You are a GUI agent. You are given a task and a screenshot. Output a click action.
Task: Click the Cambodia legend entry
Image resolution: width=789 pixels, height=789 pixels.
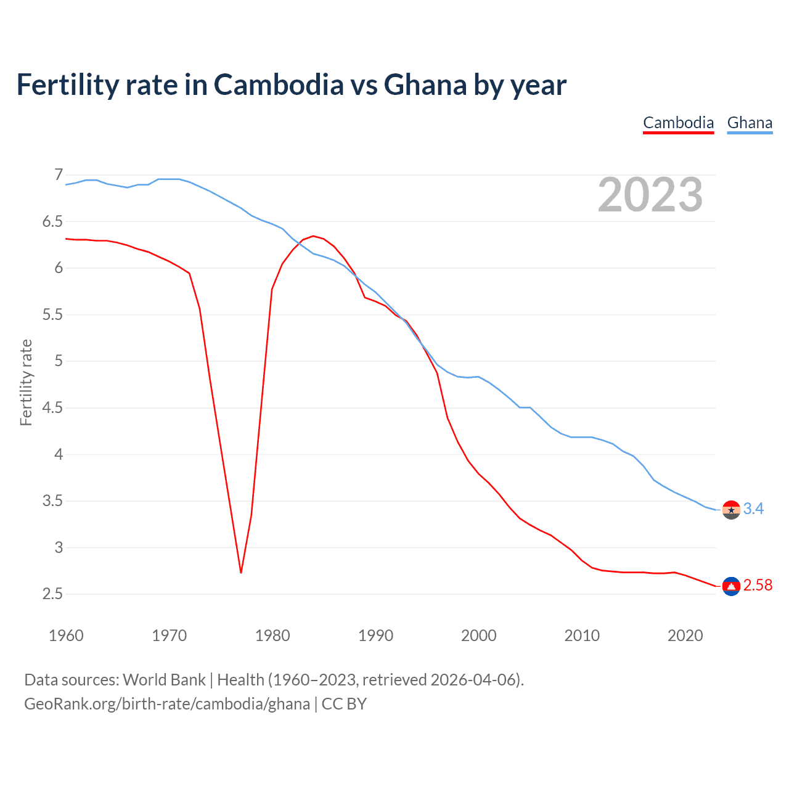click(x=678, y=123)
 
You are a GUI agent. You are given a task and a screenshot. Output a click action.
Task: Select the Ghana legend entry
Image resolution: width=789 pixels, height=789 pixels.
click(x=750, y=123)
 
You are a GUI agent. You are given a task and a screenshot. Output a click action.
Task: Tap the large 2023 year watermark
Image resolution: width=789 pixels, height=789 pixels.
click(x=650, y=195)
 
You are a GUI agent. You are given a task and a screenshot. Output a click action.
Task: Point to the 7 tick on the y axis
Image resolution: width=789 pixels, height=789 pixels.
click(x=59, y=175)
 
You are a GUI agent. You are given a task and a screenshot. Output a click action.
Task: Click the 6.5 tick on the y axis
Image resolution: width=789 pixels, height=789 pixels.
click(x=52, y=221)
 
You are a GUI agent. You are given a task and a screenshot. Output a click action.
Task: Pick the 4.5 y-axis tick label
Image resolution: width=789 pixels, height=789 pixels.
click(x=52, y=408)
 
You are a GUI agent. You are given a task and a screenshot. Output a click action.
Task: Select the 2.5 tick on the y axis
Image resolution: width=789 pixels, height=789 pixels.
click(x=52, y=594)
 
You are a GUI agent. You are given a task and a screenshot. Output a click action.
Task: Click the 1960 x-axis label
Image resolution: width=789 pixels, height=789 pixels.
click(x=66, y=636)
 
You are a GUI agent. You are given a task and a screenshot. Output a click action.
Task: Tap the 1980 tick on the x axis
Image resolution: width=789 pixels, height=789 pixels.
click(x=272, y=636)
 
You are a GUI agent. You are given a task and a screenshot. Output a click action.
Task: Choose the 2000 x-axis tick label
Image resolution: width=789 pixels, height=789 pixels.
click(x=479, y=636)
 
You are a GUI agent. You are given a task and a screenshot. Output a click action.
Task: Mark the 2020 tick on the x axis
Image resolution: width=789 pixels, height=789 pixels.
click(x=685, y=636)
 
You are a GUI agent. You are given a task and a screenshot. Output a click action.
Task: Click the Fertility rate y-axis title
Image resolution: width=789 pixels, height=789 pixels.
click(x=26, y=382)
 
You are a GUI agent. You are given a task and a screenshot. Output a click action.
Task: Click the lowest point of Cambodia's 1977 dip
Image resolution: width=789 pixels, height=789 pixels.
click(x=241, y=573)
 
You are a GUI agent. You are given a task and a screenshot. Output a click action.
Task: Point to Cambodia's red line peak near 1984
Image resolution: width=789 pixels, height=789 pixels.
click(x=313, y=236)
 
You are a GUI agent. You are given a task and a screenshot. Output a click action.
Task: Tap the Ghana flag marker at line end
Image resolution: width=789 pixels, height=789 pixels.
click(x=731, y=510)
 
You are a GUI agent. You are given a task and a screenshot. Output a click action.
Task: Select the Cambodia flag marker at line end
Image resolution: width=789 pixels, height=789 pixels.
click(x=731, y=586)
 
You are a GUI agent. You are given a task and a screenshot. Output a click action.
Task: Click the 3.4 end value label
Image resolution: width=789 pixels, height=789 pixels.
click(x=753, y=509)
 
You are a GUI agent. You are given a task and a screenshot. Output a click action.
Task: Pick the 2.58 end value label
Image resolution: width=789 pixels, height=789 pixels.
click(x=758, y=586)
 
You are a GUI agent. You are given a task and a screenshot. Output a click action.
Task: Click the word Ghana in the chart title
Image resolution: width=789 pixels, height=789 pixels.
click(x=425, y=85)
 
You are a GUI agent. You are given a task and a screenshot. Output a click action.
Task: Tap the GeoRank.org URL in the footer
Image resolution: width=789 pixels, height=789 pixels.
click(x=167, y=704)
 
